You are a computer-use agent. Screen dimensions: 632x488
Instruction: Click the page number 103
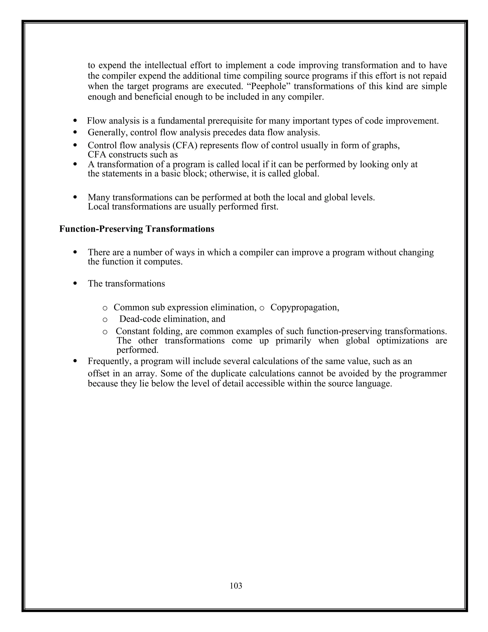[236, 586]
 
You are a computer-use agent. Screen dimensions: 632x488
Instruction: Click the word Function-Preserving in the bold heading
[101, 229]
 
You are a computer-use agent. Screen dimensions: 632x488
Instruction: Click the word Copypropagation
[305, 307]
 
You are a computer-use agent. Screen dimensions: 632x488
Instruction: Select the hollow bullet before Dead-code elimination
[105, 320]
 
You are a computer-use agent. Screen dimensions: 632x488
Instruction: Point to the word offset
[99, 373]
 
